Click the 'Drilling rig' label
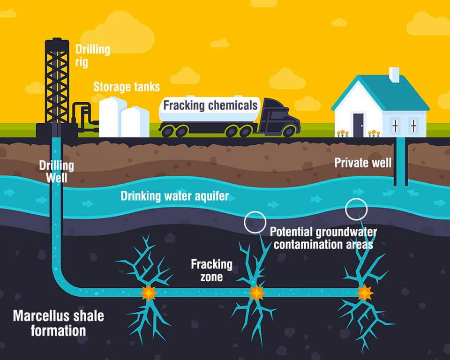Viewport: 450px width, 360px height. [x=93, y=56]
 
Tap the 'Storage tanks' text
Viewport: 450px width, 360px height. [x=127, y=87]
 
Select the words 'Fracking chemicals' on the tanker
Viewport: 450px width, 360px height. [x=210, y=105]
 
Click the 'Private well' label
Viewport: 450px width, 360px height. [x=363, y=163]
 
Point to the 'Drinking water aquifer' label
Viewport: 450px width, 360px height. [x=174, y=196]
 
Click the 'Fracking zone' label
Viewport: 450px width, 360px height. [x=212, y=270]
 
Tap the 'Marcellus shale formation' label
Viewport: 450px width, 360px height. [x=58, y=323]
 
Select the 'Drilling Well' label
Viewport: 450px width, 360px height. [x=57, y=172]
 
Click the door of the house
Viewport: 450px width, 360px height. [x=359, y=125]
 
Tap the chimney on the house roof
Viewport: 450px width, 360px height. [x=394, y=75]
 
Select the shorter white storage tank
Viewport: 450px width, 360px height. [x=135, y=122]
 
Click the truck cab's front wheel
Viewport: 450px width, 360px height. [x=289, y=131]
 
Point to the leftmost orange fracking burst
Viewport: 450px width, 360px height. [x=149, y=293]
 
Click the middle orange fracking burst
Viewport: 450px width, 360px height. [x=256, y=293]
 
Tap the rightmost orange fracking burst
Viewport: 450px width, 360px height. [x=365, y=293]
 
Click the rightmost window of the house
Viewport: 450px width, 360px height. [x=413, y=126]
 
